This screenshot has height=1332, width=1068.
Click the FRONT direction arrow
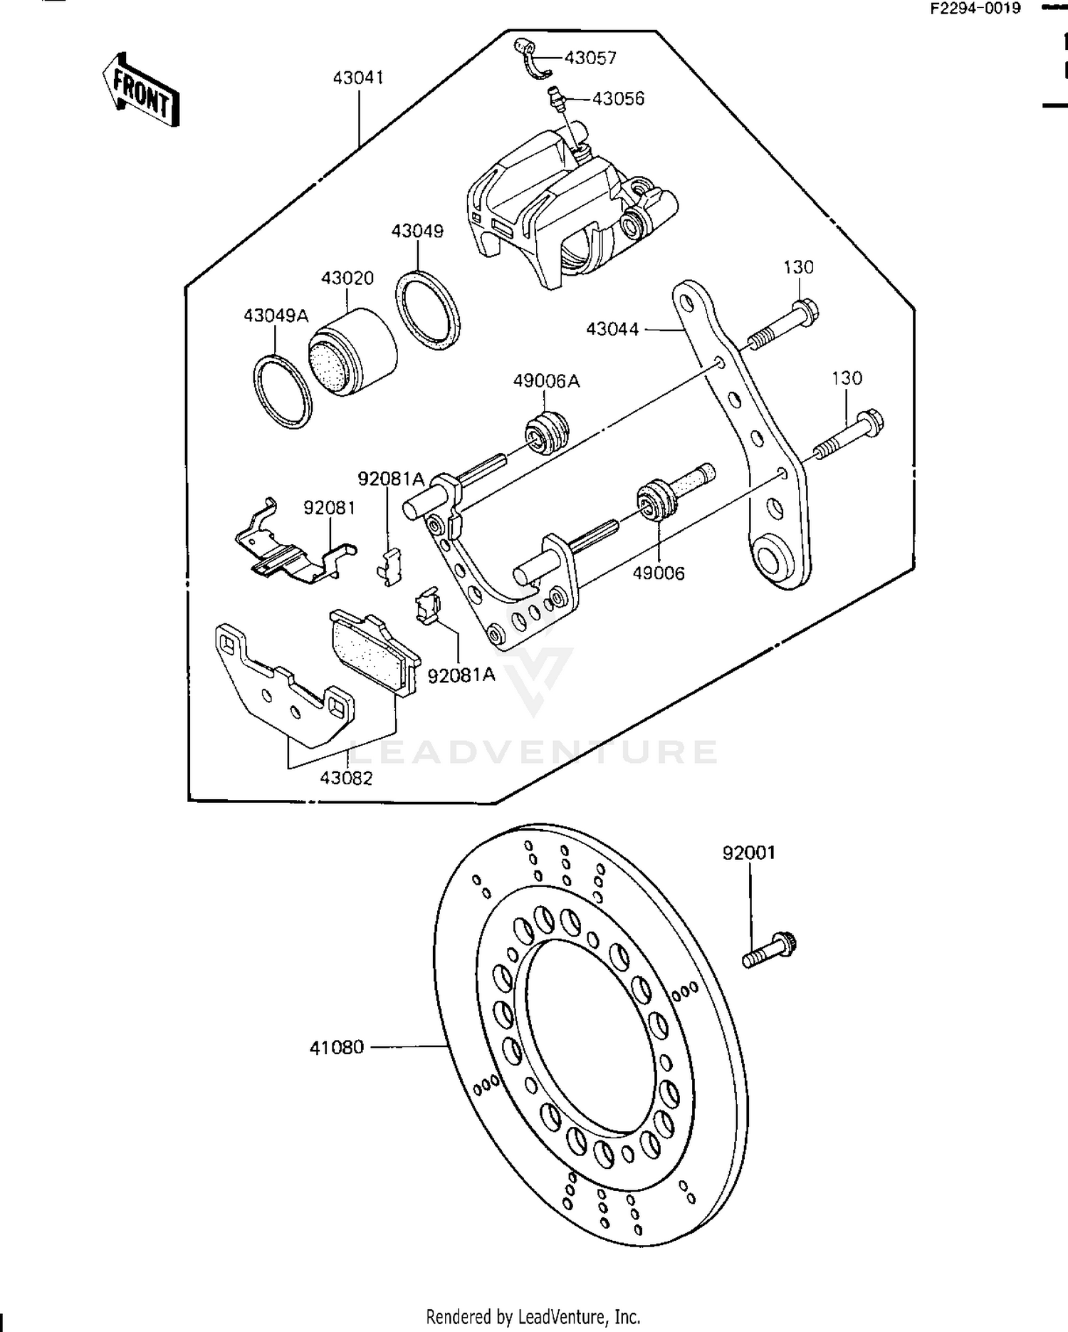click(140, 90)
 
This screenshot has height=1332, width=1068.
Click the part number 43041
click(358, 77)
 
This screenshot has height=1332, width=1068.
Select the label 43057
click(590, 58)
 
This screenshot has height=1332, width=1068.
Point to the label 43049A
click(276, 316)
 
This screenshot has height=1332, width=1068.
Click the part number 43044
click(612, 329)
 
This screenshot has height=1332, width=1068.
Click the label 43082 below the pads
click(346, 779)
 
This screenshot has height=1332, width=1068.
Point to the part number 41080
click(337, 1048)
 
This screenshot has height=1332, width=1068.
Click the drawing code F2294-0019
click(975, 9)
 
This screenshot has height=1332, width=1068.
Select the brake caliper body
click(562, 207)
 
